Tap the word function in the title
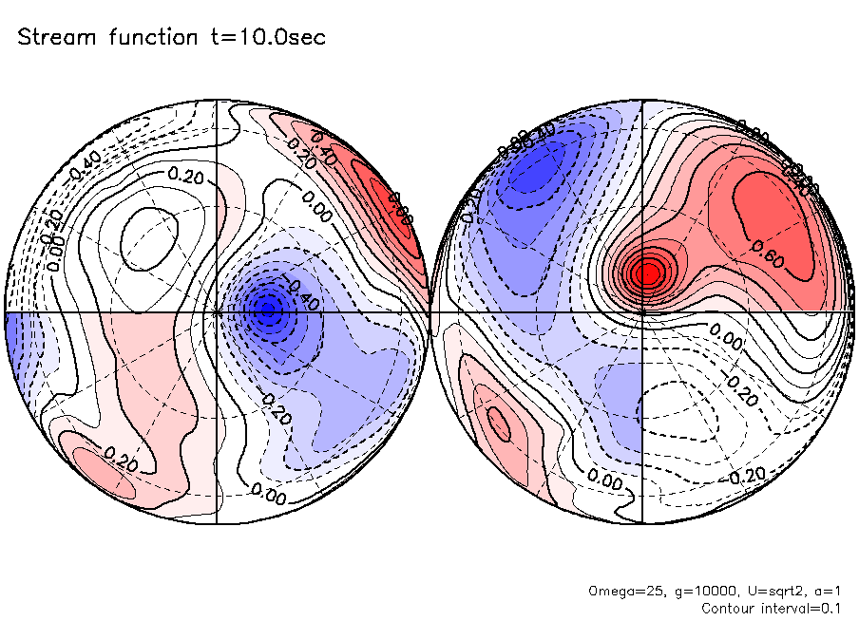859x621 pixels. pyautogui.click(x=143, y=38)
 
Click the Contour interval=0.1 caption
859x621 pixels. pyautogui.click(x=771, y=607)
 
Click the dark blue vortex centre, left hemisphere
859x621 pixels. pyautogui.click(x=268, y=308)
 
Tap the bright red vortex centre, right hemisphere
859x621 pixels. pyautogui.click(x=650, y=273)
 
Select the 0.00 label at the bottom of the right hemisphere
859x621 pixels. pyautogui.click(x=604, y=482)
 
